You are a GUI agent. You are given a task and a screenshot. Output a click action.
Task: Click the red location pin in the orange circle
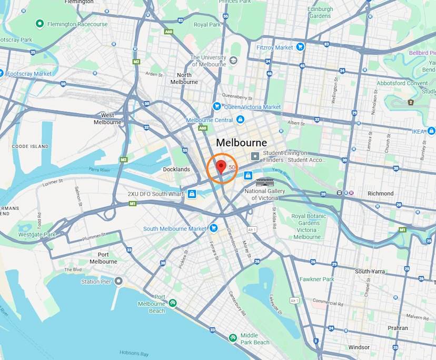(x=222, y=167)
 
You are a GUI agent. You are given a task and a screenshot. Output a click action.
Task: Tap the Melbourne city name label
(x=241, y=143)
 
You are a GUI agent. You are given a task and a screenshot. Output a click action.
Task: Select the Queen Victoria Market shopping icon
(x=216, y=106)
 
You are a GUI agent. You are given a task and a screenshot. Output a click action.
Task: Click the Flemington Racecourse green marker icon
(x=39, y=24)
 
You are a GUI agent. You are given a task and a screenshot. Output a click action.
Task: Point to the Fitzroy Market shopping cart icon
(x=300, y=47)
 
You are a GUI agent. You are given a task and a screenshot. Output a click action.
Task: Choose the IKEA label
(x=418, y=131)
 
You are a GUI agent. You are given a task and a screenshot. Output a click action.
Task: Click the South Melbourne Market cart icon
(x=213, y=228)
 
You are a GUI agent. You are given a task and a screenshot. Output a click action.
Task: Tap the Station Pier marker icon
(x=118, y=281)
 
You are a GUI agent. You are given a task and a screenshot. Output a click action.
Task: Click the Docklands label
(x=176, y=169)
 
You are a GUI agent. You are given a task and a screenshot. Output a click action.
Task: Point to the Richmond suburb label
(x=380, y=193)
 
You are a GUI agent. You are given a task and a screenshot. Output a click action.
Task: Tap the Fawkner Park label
(x=317, y=279)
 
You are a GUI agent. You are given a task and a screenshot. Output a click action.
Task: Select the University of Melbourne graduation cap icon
(x=233, y=61)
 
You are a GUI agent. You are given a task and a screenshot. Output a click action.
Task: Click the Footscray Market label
(x=29, y=74)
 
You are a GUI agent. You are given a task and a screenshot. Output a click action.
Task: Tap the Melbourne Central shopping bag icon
(x=240, y=120)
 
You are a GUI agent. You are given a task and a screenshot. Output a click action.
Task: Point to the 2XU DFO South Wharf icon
(x=192, y=194)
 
